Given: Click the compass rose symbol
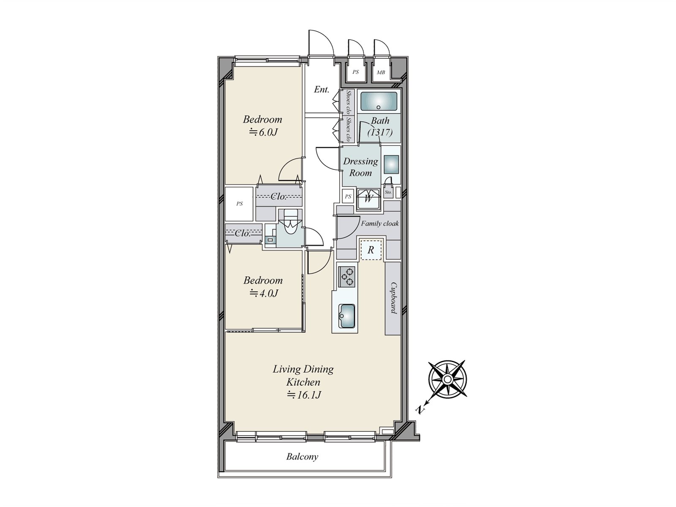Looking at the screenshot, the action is pos(448,379).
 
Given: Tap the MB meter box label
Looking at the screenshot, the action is pos(381,73).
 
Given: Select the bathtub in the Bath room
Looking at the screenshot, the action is pos(379,101).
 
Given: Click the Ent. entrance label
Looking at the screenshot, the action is pos(322,90).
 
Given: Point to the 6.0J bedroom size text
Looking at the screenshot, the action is pos(263,132).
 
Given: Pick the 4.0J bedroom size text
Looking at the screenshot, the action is pos(264,293).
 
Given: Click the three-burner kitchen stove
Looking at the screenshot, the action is pos(347,277).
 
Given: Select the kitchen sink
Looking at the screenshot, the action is pos(347,316).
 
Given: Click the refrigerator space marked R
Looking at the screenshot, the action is pos(371,250).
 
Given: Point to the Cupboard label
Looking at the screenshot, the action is pos(393,298).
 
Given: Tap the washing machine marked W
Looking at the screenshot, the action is pos(368,199).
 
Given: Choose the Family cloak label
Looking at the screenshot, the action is pos(380,224).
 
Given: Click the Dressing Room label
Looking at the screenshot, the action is pos(360,167).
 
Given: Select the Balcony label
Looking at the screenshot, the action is pos(302,457).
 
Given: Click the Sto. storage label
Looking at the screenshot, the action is pos(388,192).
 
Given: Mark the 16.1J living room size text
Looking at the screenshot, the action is pos(304,395).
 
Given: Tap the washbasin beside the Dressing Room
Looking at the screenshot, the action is pos(391,165).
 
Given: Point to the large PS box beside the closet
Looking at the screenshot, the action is pos(239,204).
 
